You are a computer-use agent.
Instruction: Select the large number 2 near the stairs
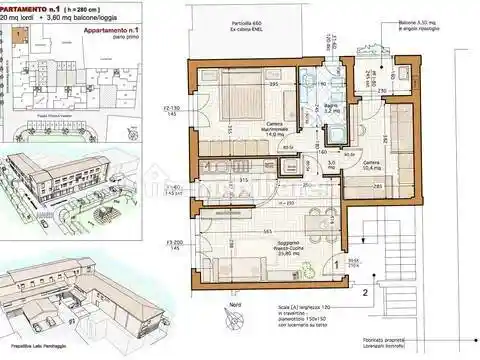point(366,294)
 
